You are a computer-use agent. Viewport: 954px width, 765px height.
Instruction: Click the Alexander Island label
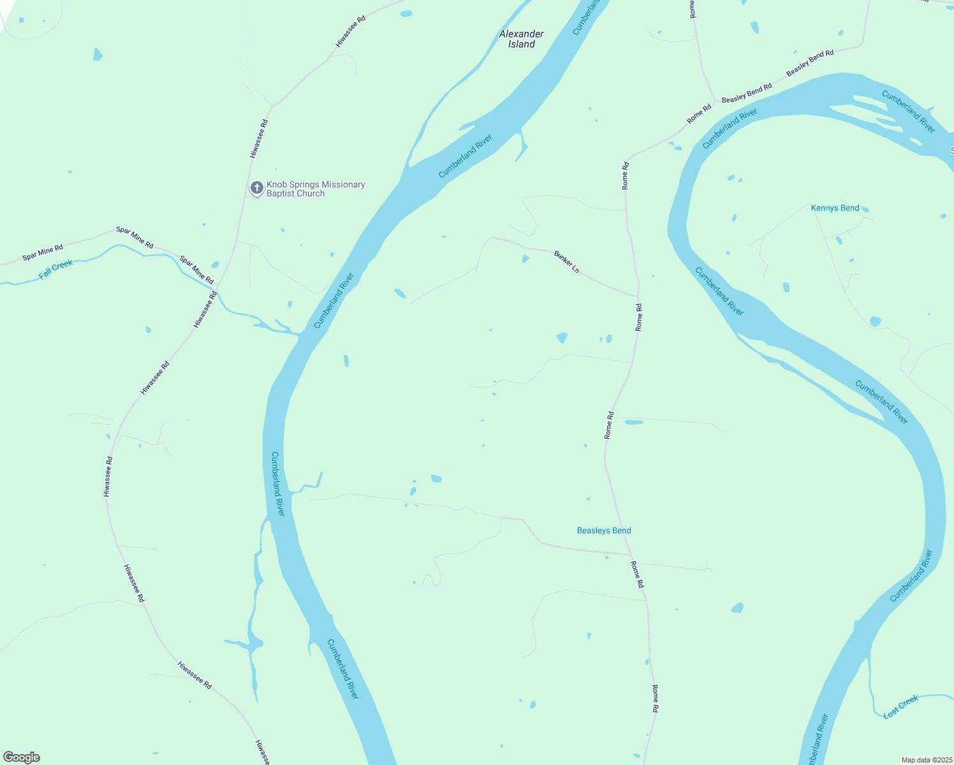(521, 39)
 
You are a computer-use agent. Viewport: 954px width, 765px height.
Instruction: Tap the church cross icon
(256, 187)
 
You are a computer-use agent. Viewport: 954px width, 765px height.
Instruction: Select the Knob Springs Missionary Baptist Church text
(315, 189)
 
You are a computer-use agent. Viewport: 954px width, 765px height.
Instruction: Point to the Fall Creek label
(56, 270)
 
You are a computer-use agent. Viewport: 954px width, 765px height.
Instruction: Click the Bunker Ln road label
(566, 262)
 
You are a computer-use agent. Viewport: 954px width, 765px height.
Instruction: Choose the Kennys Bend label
(835, 208)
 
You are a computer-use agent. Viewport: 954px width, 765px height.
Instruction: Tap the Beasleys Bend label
(603, 530)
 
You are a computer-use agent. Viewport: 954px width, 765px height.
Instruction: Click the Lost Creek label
(900, 707)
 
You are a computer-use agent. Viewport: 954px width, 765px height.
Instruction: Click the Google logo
(22, 757)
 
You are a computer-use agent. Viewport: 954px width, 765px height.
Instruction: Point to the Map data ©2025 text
(926, 760)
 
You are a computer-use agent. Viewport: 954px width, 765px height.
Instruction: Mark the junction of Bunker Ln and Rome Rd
(637, 296)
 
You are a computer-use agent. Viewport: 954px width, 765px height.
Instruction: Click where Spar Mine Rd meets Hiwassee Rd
(218, 287)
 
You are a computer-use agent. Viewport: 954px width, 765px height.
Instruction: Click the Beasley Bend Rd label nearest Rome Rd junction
(746, 94)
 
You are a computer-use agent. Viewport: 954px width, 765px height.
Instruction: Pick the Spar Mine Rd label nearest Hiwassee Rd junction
(196, 270)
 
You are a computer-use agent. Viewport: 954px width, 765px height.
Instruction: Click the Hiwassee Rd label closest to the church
(258, 138)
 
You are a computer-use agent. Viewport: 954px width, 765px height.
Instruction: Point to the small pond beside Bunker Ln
(525, 258)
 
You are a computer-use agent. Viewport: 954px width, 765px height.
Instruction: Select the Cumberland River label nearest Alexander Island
(466, 156)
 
